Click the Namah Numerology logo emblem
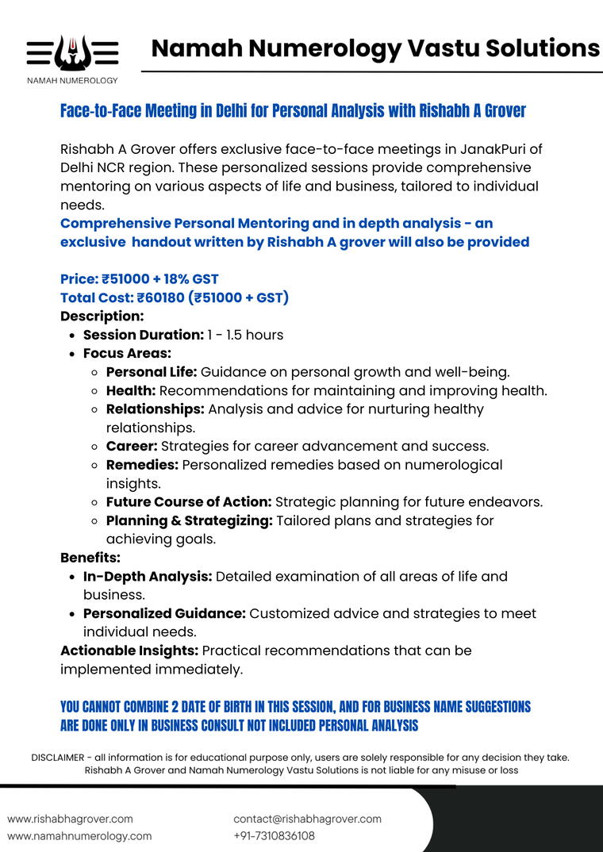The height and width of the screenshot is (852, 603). pos(72,53)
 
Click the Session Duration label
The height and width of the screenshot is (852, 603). pos(143,335)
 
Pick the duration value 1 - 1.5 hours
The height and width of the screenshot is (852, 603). pos(245,335)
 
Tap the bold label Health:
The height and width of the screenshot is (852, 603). pos(131,390)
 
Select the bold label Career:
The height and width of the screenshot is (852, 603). pos(132,446)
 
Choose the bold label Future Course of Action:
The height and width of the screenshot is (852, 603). pos(189,501)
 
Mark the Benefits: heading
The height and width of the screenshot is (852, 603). pos(90,558)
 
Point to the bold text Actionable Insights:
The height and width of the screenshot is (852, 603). pos(129,651)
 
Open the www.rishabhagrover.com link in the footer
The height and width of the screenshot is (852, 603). pos(70,819)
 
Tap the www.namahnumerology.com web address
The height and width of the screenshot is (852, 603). pos(79,836)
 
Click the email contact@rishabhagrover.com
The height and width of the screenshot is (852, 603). pos(307,819)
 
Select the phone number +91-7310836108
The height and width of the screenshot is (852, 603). pos(274,836)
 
